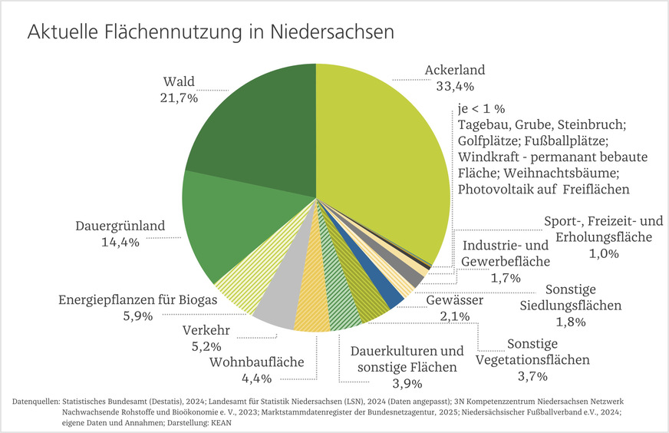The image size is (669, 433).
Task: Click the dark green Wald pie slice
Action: click(x=253, y=123)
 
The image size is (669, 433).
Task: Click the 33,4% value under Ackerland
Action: click(x=455, y=86)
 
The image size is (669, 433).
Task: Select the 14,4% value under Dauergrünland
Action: click(x=118, y=244)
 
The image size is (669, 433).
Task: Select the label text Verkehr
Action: click(x=206, y=332)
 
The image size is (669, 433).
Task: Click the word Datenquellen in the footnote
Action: click(x=36, y=402)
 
